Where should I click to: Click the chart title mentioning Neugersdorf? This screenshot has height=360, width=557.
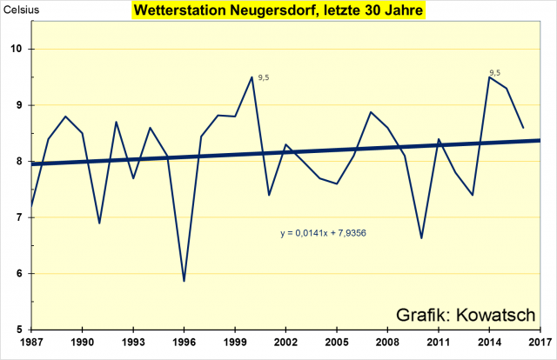coord(278,12)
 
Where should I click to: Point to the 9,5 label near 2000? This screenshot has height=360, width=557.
coord(264,78)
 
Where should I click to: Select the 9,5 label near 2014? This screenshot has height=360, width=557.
coord(495,73)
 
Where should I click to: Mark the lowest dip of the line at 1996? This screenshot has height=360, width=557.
coord(184,281)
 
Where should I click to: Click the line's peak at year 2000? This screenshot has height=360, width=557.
coord(252,77)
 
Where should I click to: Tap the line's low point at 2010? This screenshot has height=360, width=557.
coord(420,238)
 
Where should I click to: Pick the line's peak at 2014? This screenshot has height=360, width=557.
coord(488,77)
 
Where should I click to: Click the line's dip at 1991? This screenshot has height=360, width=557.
coord(99,223)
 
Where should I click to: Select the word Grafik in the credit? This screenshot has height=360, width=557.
coord(423,313)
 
